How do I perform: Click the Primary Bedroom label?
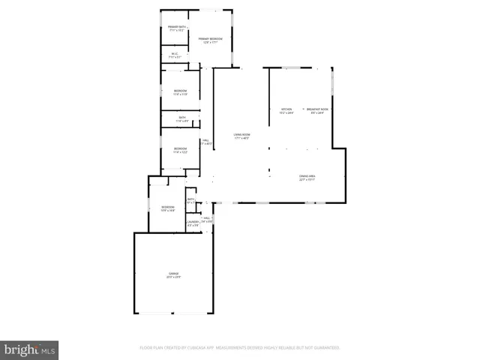(210, 38)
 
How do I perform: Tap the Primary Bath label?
(176, 27)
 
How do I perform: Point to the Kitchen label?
(284, 109)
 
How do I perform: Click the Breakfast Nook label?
(316, 109)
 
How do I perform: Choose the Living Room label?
(241, 135)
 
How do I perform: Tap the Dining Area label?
(307, 176)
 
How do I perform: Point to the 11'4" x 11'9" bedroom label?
(180, 91)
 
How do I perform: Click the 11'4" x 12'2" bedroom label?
(180, 148)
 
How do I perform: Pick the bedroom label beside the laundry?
(167, 207)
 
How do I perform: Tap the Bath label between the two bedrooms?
(181, 117)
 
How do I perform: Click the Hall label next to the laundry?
(207, 218)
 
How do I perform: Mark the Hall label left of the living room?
(205, 140)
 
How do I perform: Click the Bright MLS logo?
(29, 349)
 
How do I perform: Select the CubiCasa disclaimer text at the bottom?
(240, 348)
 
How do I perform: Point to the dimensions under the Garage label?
(173, 277)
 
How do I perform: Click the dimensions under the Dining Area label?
(307, 180)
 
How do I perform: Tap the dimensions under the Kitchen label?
(284, 113)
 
